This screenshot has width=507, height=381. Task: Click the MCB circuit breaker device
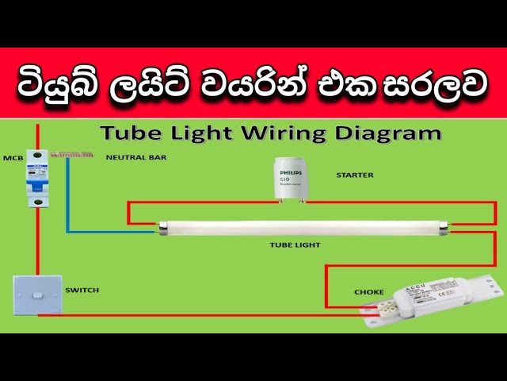tap(36, 179)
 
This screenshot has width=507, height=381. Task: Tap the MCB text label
tap(13, 157)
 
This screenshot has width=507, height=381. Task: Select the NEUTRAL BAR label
tap(136, 157)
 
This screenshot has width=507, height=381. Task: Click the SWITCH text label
tap(82, 291)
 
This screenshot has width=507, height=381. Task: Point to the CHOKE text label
tap(369, 292)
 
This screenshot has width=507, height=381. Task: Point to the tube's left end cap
tap(162, 229)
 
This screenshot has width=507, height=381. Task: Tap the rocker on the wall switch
tap(36, 297)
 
